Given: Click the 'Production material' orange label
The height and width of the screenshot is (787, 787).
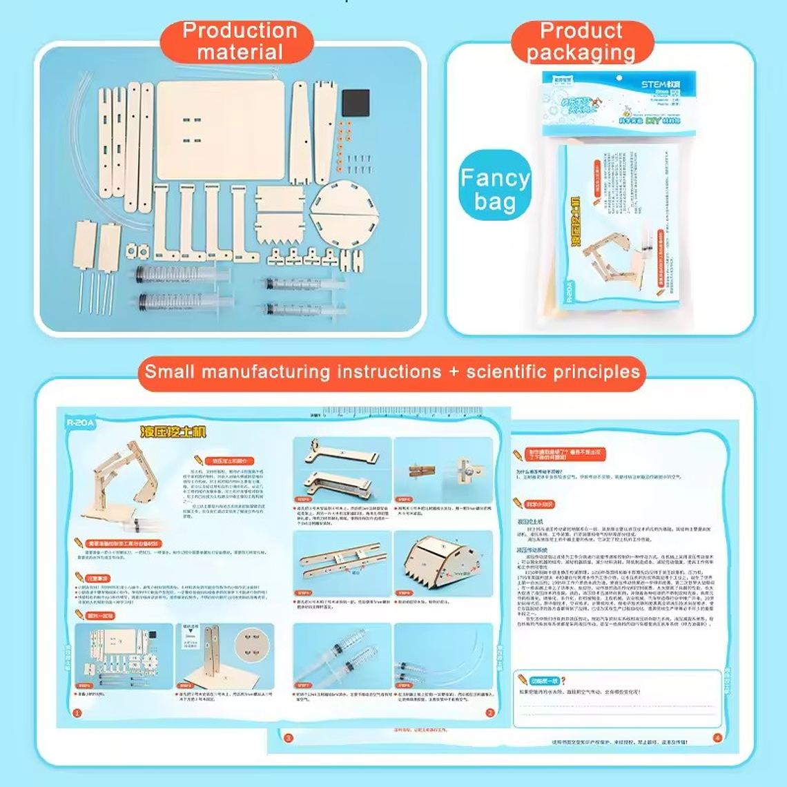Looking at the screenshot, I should click(x=239, y=41).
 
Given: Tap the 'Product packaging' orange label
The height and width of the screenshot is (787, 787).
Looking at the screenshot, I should click(x=581, y=41).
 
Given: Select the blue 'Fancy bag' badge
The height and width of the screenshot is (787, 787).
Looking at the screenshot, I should click(x=495, y=188).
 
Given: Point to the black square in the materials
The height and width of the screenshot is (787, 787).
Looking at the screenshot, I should click(x=356, y=102).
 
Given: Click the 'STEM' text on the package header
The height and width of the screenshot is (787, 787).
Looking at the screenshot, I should click(x=654, y=84).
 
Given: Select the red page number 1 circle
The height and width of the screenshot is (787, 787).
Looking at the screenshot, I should click(x=77, y=713).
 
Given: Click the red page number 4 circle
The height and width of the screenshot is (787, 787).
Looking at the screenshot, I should click(x=717, y=738).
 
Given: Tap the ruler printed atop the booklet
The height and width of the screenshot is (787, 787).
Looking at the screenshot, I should click(x=400, y=414).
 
